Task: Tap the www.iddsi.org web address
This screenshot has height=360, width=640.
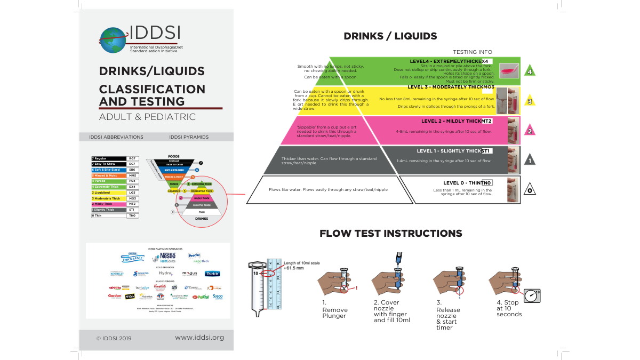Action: (199, 337)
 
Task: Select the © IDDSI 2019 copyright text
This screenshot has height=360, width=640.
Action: (114, 338)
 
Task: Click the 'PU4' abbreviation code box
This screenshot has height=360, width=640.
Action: (133, 181)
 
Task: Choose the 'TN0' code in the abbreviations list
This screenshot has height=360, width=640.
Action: (133, 215)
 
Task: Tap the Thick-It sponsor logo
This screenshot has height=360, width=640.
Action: (212, 274)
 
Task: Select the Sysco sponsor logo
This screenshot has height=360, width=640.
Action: (218, 296)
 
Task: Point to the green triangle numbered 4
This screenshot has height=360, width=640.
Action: (529, 71)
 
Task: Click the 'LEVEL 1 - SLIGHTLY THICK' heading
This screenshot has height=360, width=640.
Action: (449, 151)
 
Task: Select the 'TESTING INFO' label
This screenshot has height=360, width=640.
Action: (473, 52)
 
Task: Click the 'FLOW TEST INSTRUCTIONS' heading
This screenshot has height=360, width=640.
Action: (390, 234)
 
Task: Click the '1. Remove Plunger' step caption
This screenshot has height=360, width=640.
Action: (335, 309)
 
